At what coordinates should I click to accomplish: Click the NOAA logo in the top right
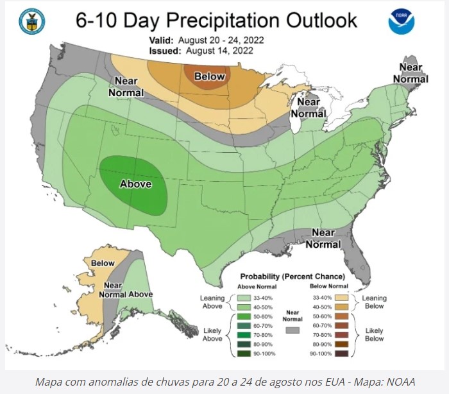(x=402, y=22)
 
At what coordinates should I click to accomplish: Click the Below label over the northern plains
(x=210, y=77)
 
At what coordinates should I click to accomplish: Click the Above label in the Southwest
(x=136, y=184)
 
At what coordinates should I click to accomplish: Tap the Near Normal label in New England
(x=411, y=73)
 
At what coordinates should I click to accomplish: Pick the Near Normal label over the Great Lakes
(x=309, y=108)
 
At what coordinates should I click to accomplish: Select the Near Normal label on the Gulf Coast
(x=323, y=238)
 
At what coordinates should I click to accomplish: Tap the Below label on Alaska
(x=103, y=263)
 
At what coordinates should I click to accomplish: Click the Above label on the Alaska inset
(x=140, y=294)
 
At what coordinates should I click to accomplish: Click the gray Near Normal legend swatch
(x=293, y=330)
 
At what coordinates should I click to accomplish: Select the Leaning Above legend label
(x=212, y=302)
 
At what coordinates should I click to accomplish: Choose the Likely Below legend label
(x=374, y=334)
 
